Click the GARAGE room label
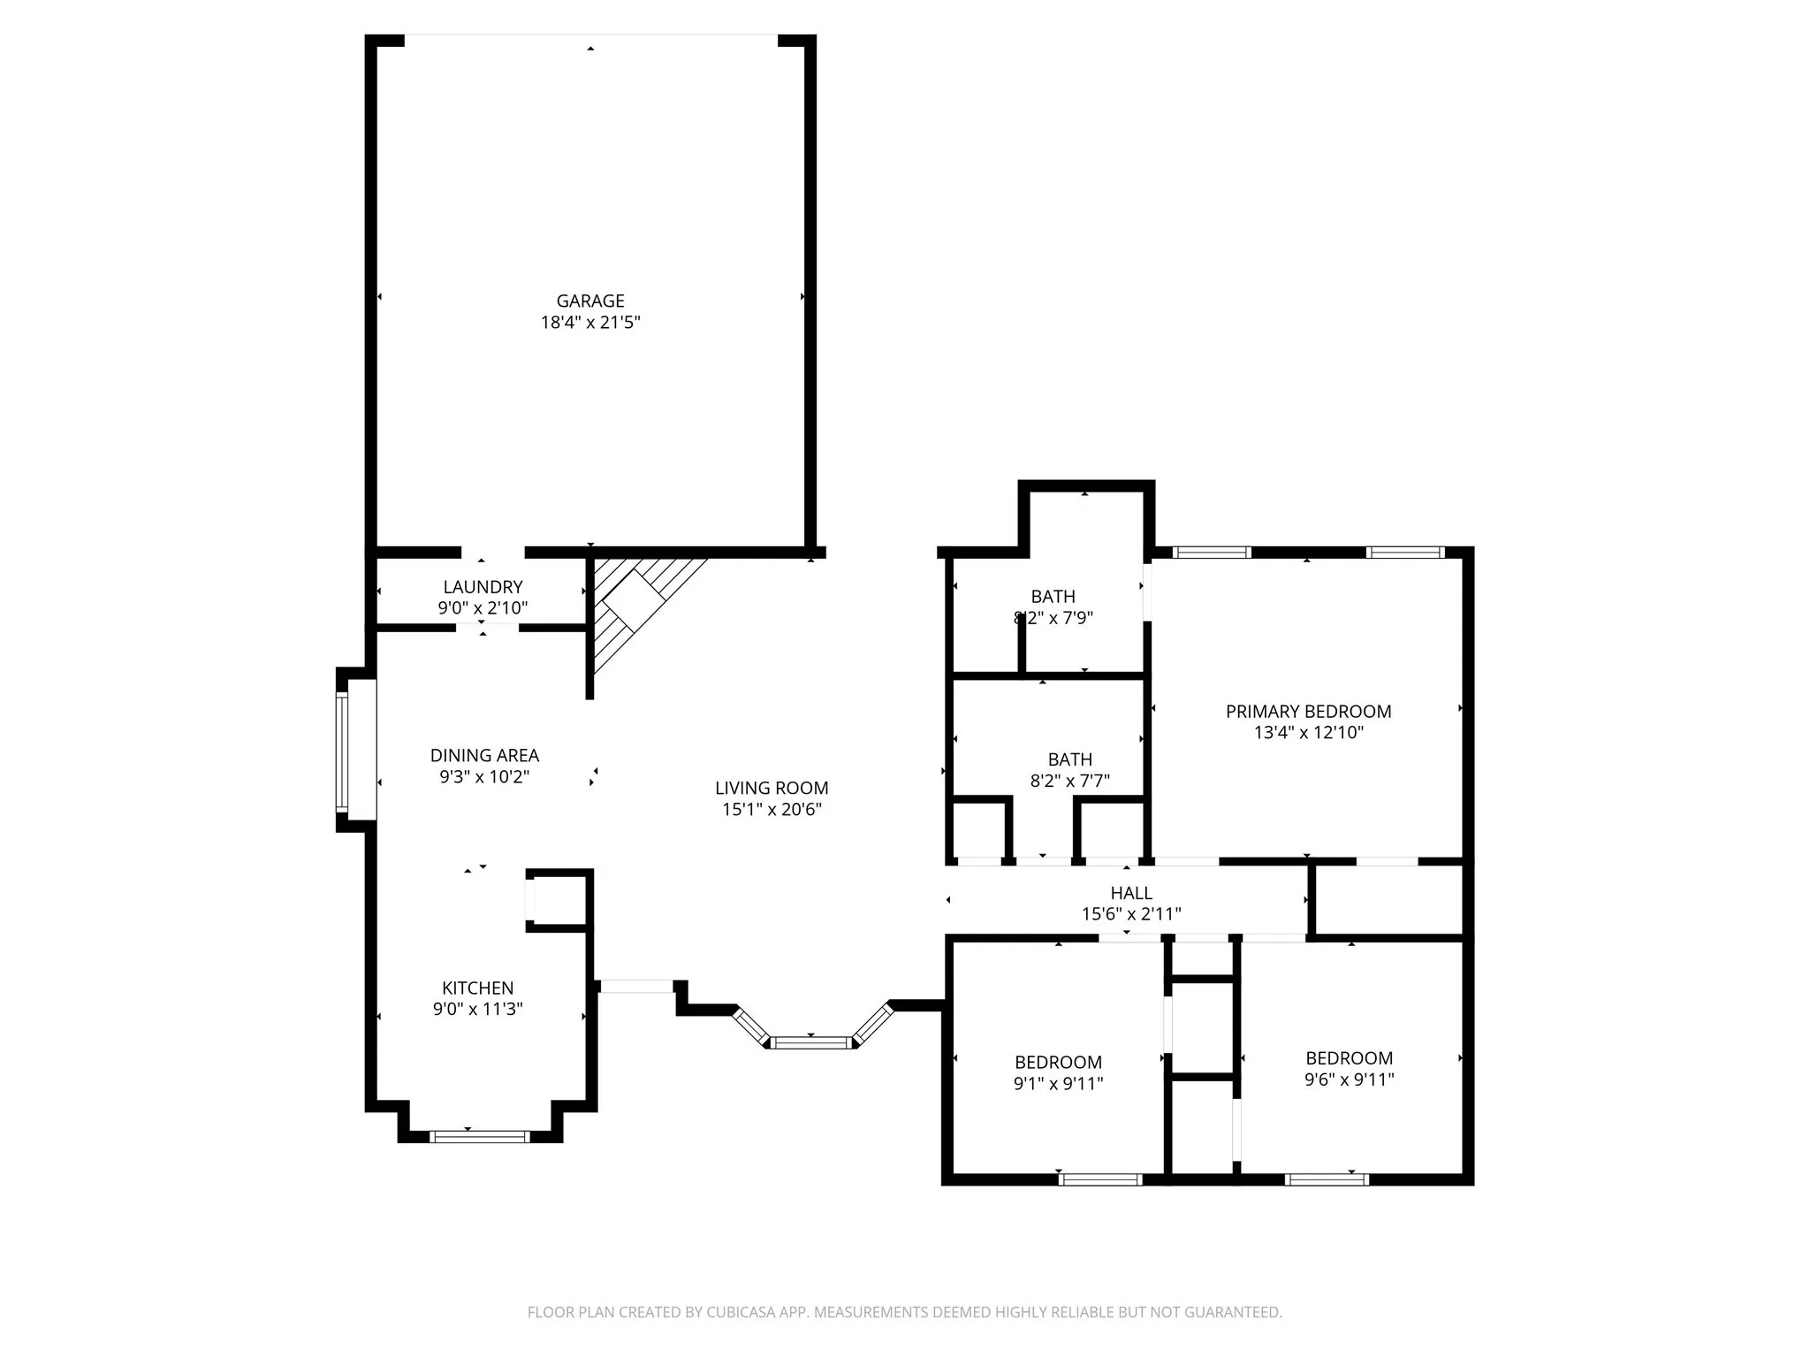(589, 301)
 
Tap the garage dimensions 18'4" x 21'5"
(589, 323)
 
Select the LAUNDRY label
(483, 587)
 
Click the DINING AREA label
(484, 755)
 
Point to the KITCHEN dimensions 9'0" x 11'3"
(477, 1009)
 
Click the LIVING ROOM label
(772, 788)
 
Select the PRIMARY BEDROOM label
(1308, 711)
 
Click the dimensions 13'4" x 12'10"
(1308, 733)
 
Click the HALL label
(1131, 893)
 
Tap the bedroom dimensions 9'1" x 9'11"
(1058, 1083)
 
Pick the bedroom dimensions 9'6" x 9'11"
(1349, 1079)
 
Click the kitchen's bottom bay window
(479, 1137)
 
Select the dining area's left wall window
(342, 751)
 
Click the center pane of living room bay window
(811, 1043)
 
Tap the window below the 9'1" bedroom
(1100, 1179)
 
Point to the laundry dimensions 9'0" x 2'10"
(483, 608)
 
